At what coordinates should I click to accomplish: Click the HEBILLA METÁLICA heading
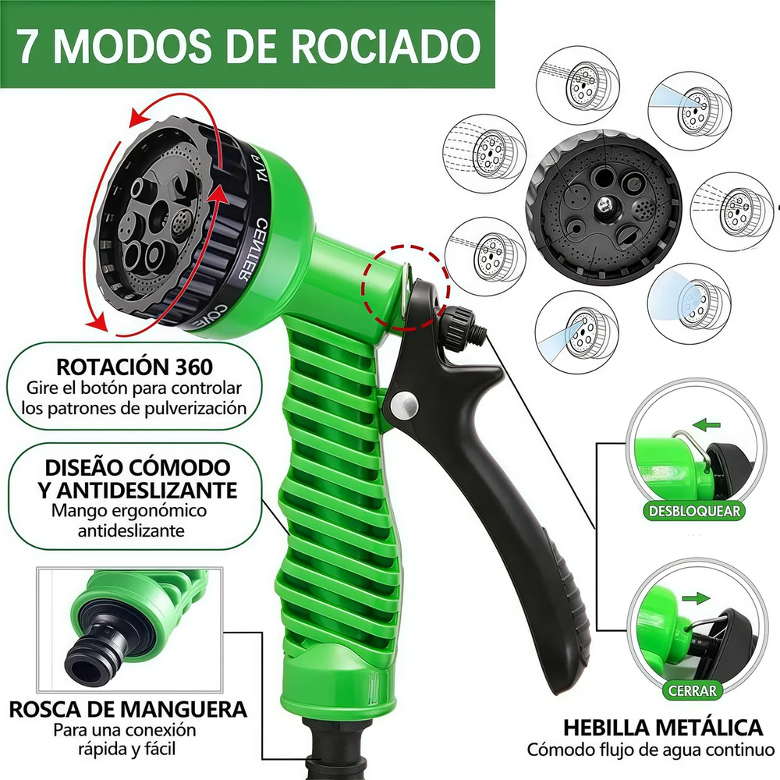[664, 728]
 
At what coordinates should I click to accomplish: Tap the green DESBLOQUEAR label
[692, 512]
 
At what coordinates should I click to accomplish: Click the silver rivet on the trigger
[402, 403]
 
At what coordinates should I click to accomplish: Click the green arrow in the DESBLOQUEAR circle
[707, 426]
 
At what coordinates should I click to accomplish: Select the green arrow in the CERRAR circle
[697, 598]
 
